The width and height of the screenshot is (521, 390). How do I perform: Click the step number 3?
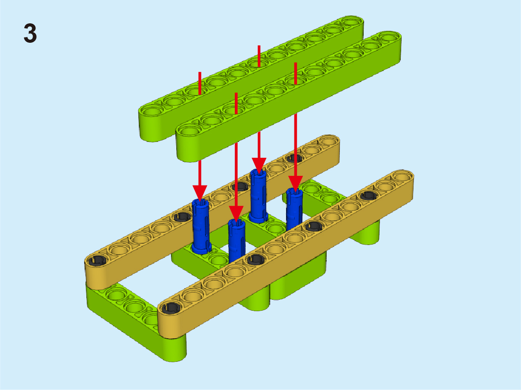tap(30, 33)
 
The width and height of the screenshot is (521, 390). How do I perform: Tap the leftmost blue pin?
tap(201, 227)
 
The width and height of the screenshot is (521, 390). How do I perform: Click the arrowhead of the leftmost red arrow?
tap(200, 193)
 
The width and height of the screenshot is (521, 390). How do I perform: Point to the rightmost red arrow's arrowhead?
tap(295, 184)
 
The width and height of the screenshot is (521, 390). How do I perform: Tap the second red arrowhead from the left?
tap(236, 214)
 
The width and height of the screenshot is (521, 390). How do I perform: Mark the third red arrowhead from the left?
tap(259, 165)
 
